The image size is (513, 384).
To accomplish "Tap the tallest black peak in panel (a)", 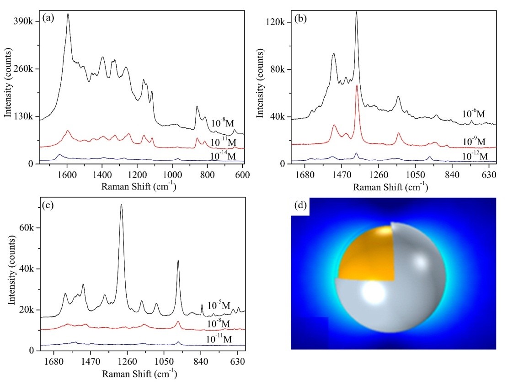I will pyautogui.click(x=68, y=14).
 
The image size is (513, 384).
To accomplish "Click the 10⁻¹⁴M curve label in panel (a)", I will pyautogui.click(x=224, y=156).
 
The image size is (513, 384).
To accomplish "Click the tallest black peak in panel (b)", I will pyautogui.click(x=356, y=13).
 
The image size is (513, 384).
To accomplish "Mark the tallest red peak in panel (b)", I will pyautogui.click(x=357, y=85).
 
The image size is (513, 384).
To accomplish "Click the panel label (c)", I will pyautogui.click(x=48, y=205).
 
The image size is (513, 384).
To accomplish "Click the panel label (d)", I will pyautogui.click(x=300, y=205).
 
